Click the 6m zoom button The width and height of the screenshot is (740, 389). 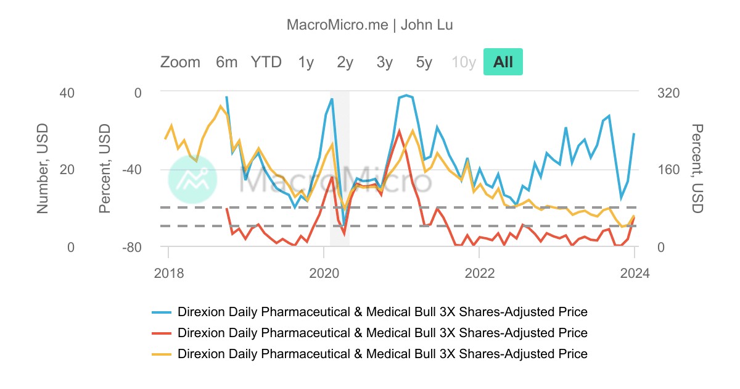click(226, 62)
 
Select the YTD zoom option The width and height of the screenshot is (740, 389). click(266, 62)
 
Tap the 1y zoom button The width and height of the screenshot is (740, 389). click(306, 62)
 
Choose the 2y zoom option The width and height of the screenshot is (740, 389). click(345, 62)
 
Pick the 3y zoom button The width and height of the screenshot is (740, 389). click(385, 62)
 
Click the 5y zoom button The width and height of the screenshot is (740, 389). click(424, 62)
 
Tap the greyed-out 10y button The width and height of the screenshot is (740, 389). click(464, 62)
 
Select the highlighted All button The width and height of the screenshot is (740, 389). click(503, 62)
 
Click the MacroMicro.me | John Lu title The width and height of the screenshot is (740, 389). click(370, 25)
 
